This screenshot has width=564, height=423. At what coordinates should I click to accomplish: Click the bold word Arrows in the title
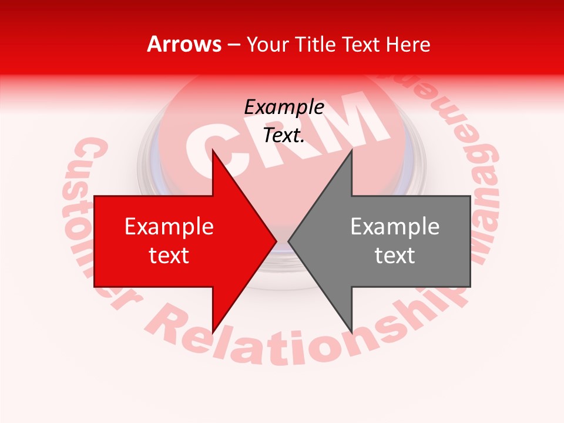(184, 44)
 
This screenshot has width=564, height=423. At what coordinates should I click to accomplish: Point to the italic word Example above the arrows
(284, 108)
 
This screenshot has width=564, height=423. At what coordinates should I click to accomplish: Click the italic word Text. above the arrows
(284, 135)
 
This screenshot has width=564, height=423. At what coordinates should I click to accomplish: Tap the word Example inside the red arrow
(169, 227)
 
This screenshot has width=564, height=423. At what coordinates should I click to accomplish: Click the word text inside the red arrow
(169, 256)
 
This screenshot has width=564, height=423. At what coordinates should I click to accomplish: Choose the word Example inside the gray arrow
(395, 227)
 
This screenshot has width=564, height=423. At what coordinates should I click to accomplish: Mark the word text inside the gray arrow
(395, 256)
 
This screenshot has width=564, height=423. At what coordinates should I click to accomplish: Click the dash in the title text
(234, 45)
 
